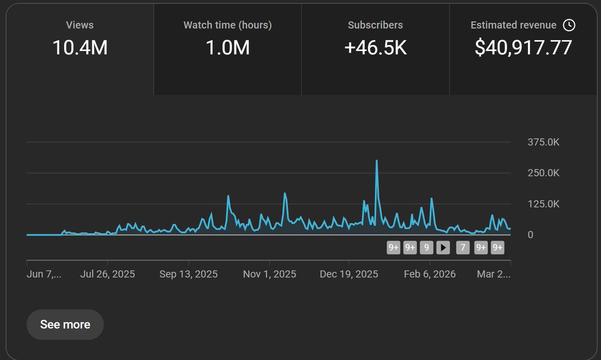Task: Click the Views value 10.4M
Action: (x=80, y=48)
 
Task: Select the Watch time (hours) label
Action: (x=227, y=25)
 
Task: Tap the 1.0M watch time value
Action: (x=227, y=48)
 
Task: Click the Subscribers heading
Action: (x=375, y=25)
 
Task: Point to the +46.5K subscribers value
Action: (x=375, y=48)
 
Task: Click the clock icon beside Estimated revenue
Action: (x=569, y=25)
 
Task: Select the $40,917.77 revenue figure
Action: (x=523, y=48)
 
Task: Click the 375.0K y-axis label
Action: (x=543, y=142)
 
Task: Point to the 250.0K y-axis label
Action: (x=543, y=173)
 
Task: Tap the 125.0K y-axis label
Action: (x=543, y=204)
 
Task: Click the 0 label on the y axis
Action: (x=530, y=235)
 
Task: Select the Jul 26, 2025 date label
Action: (x=108, y=274)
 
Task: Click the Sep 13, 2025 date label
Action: (x=188, y=274)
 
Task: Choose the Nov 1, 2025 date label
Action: (x=269, y=274)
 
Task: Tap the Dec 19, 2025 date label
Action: (x=349, y=274)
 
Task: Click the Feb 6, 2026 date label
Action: (x=430, y=274)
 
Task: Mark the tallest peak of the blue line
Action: (x=377, y=161)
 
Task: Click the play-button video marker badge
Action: (x=443, y=247)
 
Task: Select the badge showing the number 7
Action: (x=463, y=247)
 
